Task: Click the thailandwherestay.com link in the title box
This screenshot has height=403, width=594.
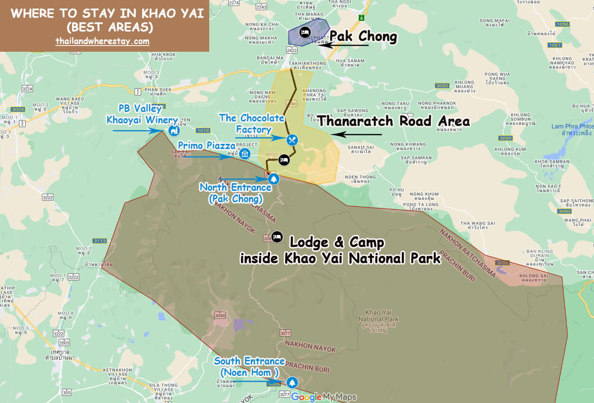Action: [102, 41]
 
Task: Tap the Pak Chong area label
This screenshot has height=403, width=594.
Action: [363, 36]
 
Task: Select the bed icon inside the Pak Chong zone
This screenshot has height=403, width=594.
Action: [305, 32]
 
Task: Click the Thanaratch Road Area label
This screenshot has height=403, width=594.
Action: [393, 122]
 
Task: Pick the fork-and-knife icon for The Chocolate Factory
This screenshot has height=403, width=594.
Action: [292, 140]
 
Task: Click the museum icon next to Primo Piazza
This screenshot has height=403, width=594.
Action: [244, 154]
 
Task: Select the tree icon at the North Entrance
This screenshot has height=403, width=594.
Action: [273, 179]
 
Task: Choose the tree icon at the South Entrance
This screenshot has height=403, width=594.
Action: [292, 382]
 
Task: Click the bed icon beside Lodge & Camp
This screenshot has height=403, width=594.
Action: [277, 236]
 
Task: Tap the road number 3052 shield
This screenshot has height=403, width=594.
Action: [502, 262]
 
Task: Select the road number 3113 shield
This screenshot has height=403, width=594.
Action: [100, 241]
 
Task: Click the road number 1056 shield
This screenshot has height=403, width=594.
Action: [562, 24]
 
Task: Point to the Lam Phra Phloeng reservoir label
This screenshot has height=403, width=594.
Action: [572, 130]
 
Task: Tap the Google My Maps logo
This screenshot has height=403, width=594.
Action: [323, 397]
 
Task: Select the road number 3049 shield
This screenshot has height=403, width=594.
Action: [220, 315]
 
